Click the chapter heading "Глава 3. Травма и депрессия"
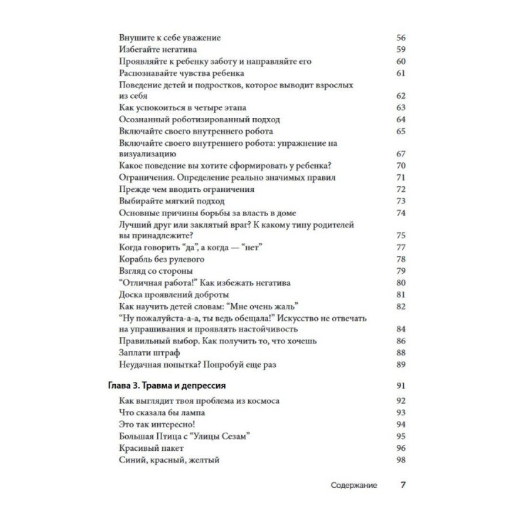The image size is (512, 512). tap(163, 385)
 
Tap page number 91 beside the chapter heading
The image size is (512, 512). tap(400, 385)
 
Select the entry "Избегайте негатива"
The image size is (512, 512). tap(151, 49)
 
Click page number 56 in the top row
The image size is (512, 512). tap(400, 37)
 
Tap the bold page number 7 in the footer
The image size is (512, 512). tap(402, 485)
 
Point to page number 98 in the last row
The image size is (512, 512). tap(400, 460)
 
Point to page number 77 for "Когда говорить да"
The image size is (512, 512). tap(400, 247)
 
